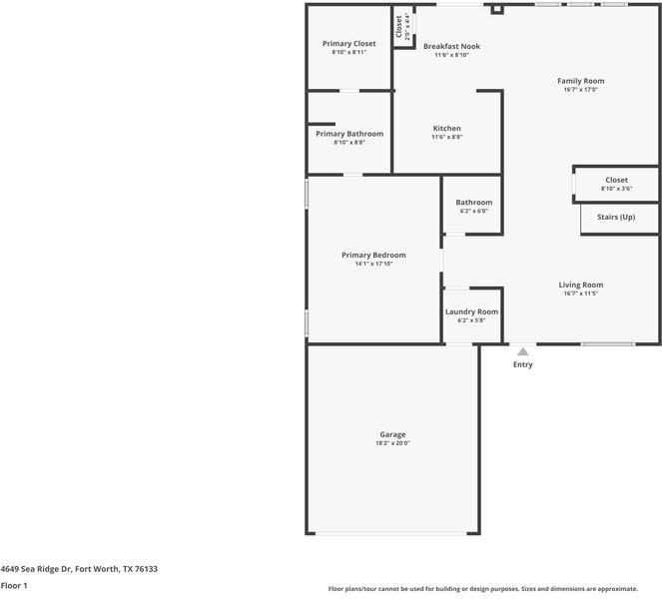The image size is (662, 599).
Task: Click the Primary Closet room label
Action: [348, 44]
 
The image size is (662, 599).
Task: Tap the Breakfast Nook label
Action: [451, 47]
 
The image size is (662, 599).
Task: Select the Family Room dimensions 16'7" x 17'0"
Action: [580, 90]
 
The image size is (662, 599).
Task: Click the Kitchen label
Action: [446, 128]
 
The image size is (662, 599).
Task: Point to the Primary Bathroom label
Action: [349, 134]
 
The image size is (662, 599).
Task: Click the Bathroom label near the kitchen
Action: [474, 203]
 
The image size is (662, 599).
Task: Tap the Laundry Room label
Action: [471, 311]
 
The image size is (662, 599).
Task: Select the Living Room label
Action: [580, 285]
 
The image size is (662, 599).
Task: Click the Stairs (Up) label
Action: [615, 217]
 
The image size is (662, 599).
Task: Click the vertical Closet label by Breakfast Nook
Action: [399, 27]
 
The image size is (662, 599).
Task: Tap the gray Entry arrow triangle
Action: [522, 351]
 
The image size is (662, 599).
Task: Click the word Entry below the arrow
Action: [522, 364]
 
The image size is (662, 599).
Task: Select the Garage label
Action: [392, 434]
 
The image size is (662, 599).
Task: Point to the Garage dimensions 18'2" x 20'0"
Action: [392, 442]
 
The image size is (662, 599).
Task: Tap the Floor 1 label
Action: [14, 586]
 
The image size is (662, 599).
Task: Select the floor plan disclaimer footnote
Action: [494, 588]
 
